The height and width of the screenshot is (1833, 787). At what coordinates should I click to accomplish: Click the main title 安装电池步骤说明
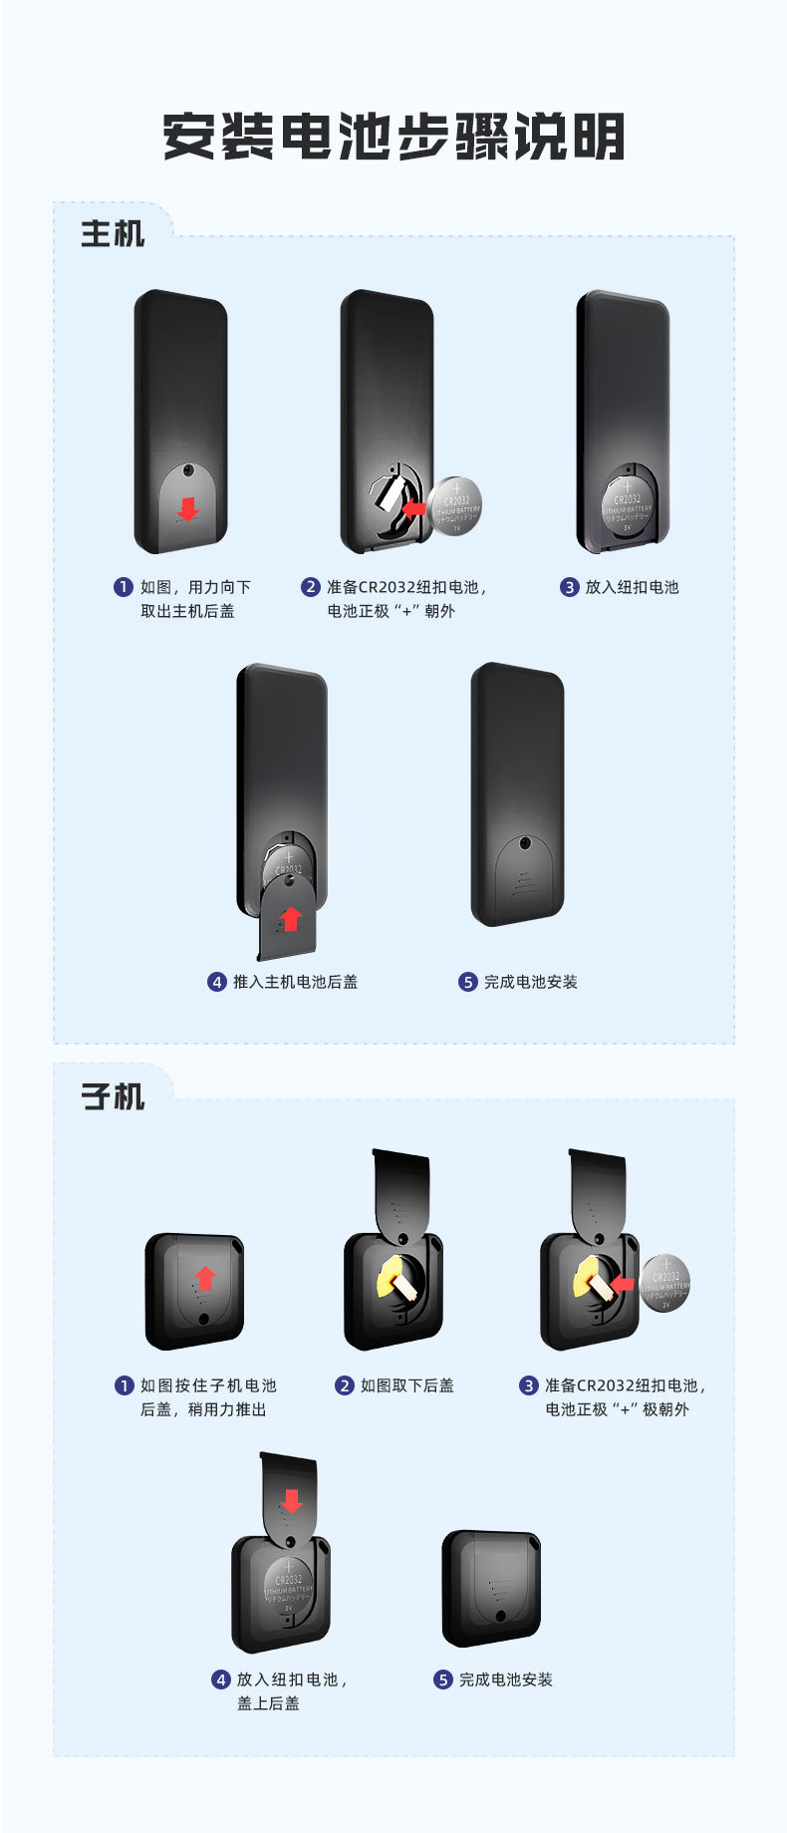[393, 138]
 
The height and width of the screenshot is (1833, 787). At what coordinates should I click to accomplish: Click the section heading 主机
[113, 234]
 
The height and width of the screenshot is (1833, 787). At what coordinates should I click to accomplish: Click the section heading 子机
[113, 1096]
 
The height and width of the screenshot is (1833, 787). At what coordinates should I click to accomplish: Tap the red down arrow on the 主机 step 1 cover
[187, 510]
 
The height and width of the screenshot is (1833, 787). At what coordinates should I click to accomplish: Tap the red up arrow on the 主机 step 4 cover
[290, 918]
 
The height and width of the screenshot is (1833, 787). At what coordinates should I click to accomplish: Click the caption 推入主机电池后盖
[295, 982]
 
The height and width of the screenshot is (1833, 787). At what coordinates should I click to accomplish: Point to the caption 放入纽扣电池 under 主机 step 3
[632, 587]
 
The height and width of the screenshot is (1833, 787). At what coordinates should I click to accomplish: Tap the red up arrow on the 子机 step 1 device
[204, 1278]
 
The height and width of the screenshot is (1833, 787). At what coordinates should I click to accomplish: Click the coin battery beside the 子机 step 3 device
[665, 1283]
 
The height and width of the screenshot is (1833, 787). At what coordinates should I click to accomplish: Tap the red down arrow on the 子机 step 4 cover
[291, 1500]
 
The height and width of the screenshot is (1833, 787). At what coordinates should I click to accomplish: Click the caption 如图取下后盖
[406, 1385]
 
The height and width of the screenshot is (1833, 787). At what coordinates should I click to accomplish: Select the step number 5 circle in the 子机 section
[443, 1680]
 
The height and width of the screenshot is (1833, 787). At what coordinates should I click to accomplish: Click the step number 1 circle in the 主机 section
[124, 587]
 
